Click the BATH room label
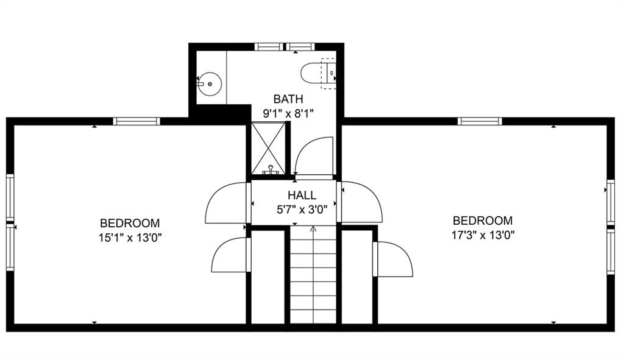(x=288, y=99)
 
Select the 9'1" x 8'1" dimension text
(x=288, y=114)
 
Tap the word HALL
(x=302, y=195)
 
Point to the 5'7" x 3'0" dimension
(x=302, y=209)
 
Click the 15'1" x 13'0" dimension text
(x=130, y=238)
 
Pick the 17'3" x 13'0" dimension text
(x=483, y=235)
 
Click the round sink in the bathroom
(x=210, y=84)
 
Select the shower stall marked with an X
(x=269, y=148)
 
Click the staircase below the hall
(x=313, y=276)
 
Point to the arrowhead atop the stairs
(x=313, y=228)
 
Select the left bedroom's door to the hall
(x=227, y=202)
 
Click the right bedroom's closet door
(x=393, y=259)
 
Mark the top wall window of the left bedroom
(x=136, y=121)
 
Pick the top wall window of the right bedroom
(x=480, y=121)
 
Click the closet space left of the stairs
(x=268, y=277)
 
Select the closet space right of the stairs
(x=357, y=277)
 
